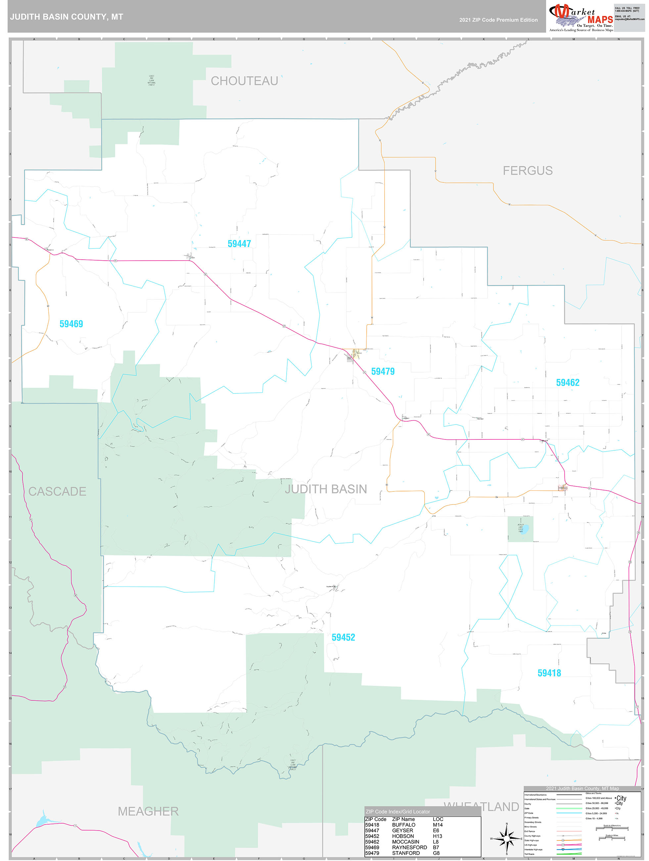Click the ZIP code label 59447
pyautogui.click(x=239, y=244)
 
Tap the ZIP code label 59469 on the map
pyautogui.click(x=71, y=324)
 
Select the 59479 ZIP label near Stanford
pyautogui.click(x=383, y=371)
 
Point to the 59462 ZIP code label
pyautogui.click(x=567, y=382)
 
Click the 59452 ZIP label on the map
pyautogui.click(x=343, y=637)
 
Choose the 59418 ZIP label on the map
pyautogui.click(x=549, y=673)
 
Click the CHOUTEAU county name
pyautogui.click(x=244, y=81)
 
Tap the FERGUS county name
pyautogui.click(x=527, y=171)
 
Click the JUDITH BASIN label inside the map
pyautogui.click(x=326, y=489)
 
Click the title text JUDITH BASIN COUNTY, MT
pyautogui.click(x=67, y=17)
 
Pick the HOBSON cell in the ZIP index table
pyautogui.click(x=403, y=836)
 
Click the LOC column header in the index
pyautogui.click(x=438, y=819)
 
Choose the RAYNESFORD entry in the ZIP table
pyautogui.click(x=409, y=847)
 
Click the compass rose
pyautogui.click(x=506, y=839)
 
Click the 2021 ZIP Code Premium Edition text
pyautogui.click(x=498, y=20)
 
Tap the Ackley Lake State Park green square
pyautogui.click(x=520, y=529)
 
